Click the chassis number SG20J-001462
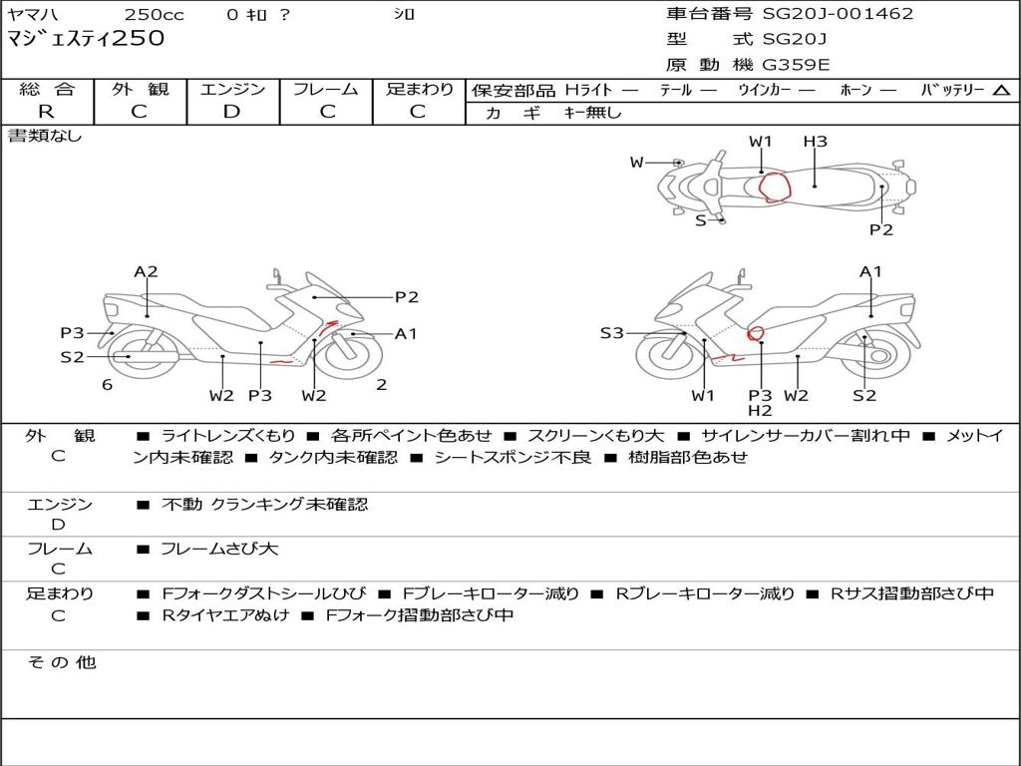coord(838,14)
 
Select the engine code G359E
coord(796,66)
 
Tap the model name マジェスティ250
coord(86,39)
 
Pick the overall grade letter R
coord(46,112)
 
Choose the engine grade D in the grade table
coord(231,112)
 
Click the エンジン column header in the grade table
coord(232,90)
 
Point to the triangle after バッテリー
coord(1001,91)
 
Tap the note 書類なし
coord(45,136)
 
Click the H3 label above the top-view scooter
coord(816,142)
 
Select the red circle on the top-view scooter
coord(774,187)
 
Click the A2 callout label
coord(147,271)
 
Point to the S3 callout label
coord(611,333)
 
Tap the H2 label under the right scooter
coord(761,410)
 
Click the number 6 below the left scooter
coord(107,385)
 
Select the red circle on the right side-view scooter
coord(756,333)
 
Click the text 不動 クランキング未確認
coord(264,505)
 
